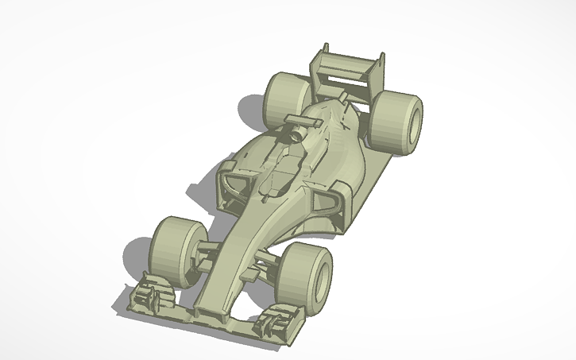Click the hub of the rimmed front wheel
click(x=323, y=274)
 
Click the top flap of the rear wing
click(x=350, y=62)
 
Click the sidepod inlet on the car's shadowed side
click(x=230, y=181)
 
